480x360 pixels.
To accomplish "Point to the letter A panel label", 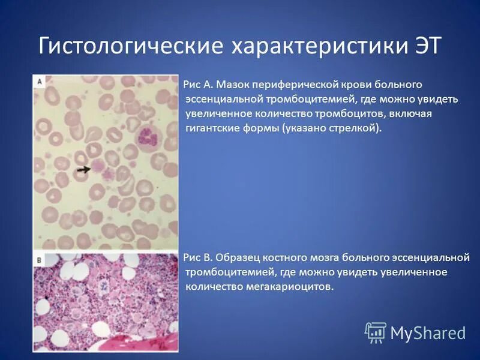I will tap(40, 80).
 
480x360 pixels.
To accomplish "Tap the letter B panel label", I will tap(39, 260).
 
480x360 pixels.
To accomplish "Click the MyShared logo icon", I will tap(376, 332).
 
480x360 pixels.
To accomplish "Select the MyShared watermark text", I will tap(428, 333).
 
